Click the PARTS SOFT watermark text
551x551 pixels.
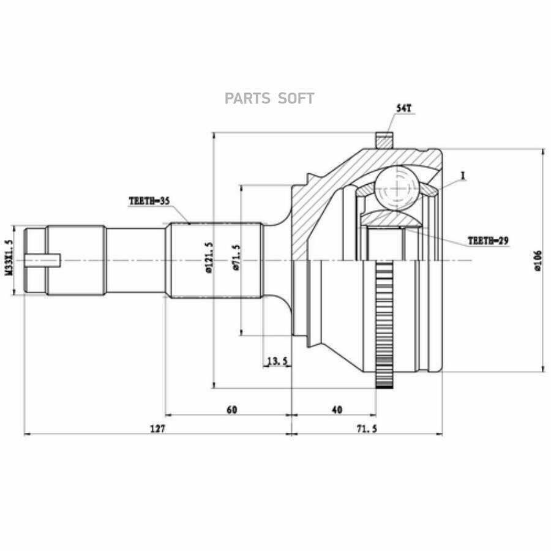(x=269, y=99)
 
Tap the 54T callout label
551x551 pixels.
(x=404, y=108)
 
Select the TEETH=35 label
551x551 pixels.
(x=149, y=201)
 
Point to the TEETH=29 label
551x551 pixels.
(x=488, y=241)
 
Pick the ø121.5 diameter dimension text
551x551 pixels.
(x=209, y=258)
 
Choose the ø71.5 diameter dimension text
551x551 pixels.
(x=236, y=258)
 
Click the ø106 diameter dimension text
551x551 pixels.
(x=538, y=261)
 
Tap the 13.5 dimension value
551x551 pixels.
(x=277, y=361)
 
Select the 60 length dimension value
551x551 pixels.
(x=232, y=410)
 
